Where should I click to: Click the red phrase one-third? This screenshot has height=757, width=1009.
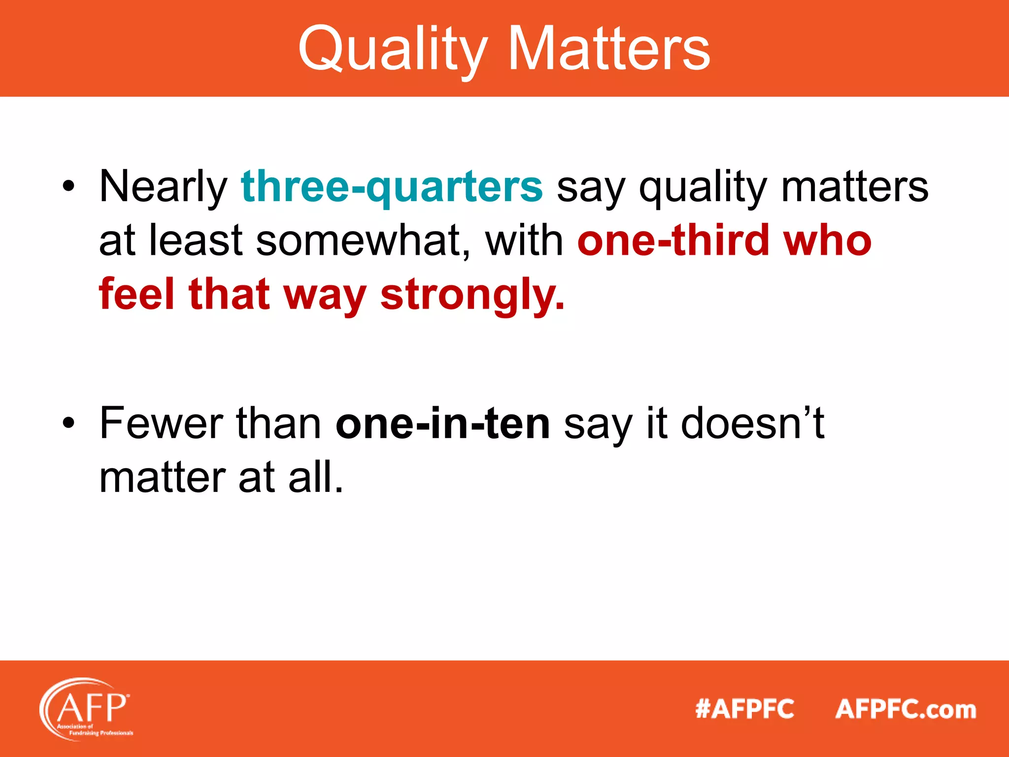pos(673,241)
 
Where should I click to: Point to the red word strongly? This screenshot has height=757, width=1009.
pos(472,295)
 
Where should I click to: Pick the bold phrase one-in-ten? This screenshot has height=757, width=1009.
pos(442,424)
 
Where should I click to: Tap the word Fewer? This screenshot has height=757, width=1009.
pos(161,424)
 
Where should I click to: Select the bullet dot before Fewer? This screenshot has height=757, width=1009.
pos(68,424)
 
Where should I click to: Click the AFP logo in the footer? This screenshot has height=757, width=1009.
pos(87,708)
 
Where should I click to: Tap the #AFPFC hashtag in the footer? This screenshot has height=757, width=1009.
pos(744,709)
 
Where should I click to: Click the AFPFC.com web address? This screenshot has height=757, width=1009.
pos(906,709)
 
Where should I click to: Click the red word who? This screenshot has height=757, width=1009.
pos(827,241)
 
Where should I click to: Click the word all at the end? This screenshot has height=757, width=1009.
pos(315,478)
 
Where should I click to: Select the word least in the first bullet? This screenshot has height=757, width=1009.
pos(196,241)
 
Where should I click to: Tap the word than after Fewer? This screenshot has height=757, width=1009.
pos(279,424)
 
